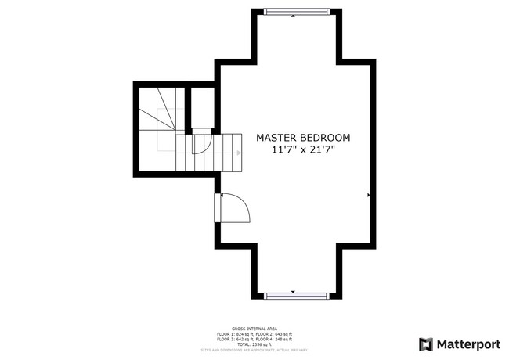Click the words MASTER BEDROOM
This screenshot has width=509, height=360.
click(303, 138)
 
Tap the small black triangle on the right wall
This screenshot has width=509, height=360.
click(368, 194)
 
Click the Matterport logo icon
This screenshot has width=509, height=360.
click(426, 344)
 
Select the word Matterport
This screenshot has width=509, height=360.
click(467, 344)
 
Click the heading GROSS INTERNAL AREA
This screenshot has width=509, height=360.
click(254, 329)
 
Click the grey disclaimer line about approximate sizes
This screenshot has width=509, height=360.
click(254, 349)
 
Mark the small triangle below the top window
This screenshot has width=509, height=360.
click(293, 16)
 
